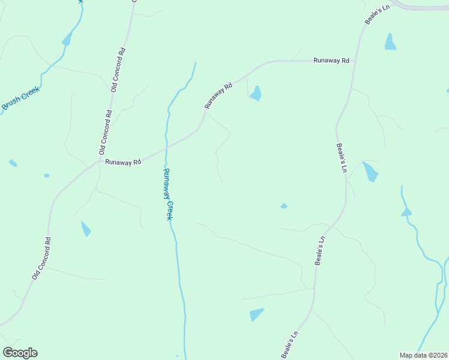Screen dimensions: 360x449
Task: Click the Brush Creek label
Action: click(x=20, y=98)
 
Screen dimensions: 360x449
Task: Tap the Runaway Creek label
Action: click(x=169, y=194)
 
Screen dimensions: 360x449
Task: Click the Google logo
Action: click(x=20, y=353)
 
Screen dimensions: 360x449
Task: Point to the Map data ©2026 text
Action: click(x=423, y=355)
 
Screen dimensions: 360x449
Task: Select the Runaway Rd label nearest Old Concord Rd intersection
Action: click(x=122, y=162)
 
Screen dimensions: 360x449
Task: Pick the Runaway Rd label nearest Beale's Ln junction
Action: click(x=331, y=61)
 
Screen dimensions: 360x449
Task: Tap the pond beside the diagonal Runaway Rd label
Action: click(x=256, y=93)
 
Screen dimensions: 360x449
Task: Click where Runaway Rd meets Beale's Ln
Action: click(x=355, y=61)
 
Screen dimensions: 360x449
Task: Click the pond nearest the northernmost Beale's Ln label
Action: click(x=390, y=42)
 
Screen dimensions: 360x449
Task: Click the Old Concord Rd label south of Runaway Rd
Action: click(x=41, y=258)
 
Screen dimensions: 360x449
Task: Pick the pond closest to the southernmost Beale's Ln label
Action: click(x=256, y=314)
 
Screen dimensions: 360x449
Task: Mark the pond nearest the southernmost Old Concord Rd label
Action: click(x=86, y=228)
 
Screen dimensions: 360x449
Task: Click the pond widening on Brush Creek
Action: click(x=67, y=40)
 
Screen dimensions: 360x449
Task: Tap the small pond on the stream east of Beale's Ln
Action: click(x=406, y=212)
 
